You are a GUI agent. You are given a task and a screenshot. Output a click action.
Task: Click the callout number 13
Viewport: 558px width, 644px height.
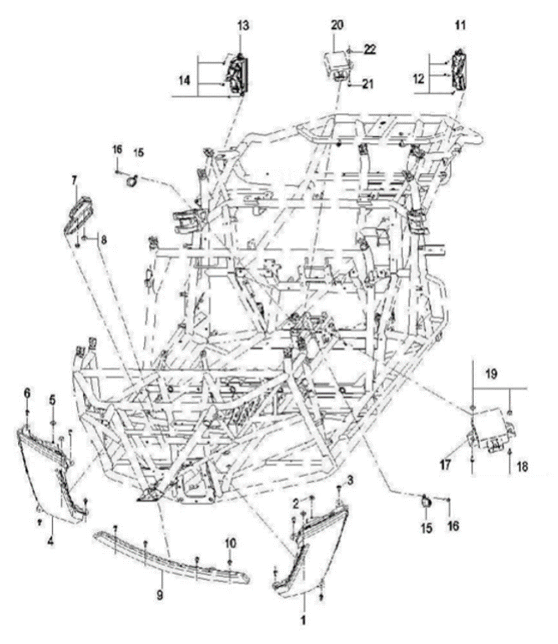coord(243,26)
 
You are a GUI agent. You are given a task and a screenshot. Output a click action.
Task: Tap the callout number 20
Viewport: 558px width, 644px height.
coord(338,24)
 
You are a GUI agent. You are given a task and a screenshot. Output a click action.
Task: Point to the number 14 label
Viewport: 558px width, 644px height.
coord(185,80)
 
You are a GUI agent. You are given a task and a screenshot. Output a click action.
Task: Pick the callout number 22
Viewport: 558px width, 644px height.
coord(370,49)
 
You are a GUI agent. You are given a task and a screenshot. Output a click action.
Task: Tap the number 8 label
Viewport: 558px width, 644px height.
coord(103,240)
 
